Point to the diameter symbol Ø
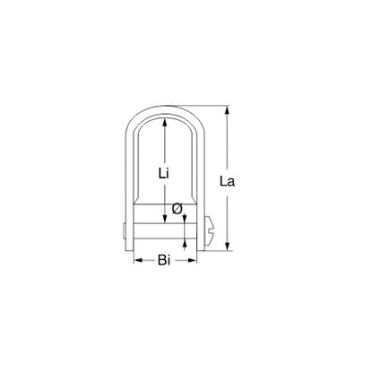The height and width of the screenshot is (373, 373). (176, 208)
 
